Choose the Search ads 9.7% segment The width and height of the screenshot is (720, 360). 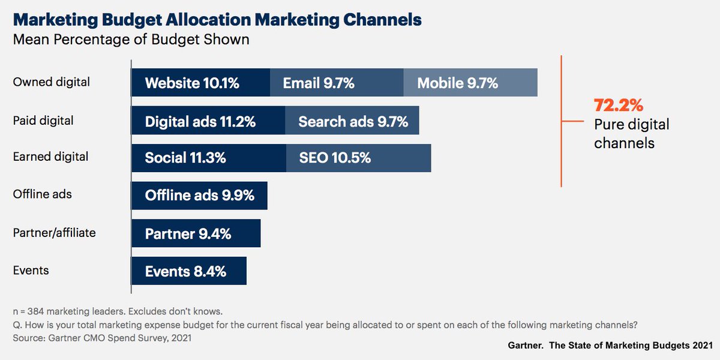pyautogui.click(x=352, y=121)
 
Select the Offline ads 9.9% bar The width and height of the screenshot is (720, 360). pyautogui.click(x=199, y=195)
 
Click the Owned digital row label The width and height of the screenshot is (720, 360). pyautogui.click(x=51, y=82)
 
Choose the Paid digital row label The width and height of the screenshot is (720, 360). pyautogui.click(x=43, y=121)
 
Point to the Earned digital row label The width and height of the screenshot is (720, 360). pyautogui.click(x=50, y=157)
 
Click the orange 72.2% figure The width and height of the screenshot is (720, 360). pyautogui.click(x=619, y=106)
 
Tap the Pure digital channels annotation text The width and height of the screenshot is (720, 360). pyautogui.click(x=631, y=134)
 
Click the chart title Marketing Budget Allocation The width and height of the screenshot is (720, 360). pyautogui.click(x=217, y=20)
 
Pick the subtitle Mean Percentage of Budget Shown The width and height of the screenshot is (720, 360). pyautogui.click(x=131, y=40)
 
